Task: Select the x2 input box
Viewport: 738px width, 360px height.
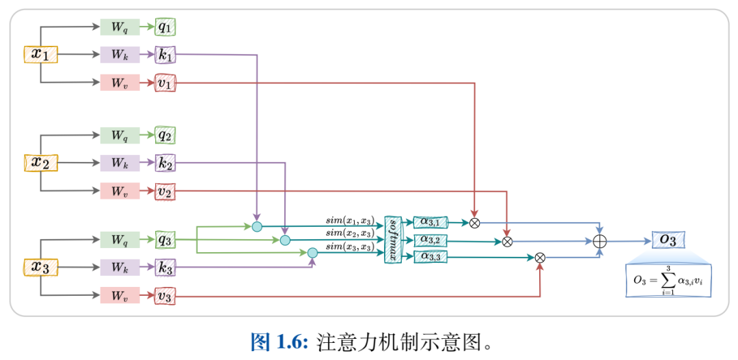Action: pos(41,163)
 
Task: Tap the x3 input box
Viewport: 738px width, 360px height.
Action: pos(41,267)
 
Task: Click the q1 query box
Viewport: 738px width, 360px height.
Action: pos(165,27)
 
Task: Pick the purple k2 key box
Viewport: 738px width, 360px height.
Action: pos(165,163)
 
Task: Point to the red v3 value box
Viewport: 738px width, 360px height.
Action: pos(165,296)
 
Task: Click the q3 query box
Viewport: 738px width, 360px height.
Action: pos(165,240)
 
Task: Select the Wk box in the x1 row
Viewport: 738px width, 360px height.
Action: pos(120,55)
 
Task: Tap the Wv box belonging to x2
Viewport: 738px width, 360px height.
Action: pos(120,191)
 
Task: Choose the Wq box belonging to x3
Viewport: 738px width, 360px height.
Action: pos(120,240)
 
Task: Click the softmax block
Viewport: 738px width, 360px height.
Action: pos(393,240)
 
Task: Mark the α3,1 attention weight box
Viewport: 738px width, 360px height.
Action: pos(430,222)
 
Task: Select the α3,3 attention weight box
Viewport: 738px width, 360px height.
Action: pos(430,257)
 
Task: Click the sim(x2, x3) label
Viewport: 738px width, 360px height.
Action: pos(349,234)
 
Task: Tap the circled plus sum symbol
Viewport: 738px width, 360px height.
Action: pos(600,240)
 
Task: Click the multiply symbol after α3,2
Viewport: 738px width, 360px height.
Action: pos(507,241)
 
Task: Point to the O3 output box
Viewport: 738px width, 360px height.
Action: pos(668,240)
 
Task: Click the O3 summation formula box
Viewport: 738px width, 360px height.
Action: pos(668,280)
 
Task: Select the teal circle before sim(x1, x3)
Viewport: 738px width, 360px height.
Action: pos(257,226)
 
